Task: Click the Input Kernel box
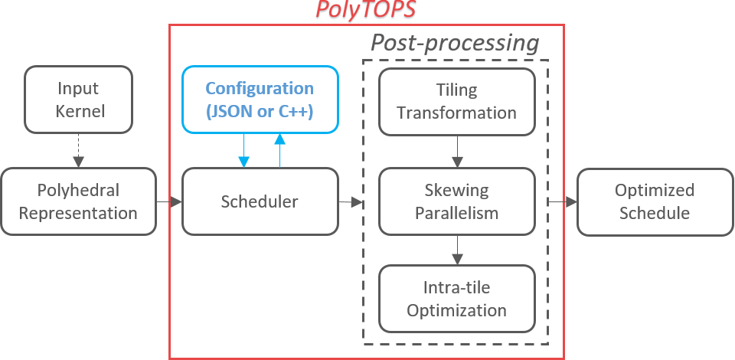pos(78,100)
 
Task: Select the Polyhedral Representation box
pos(78,201)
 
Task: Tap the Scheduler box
pos(260,201)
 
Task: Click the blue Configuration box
pos(260,100)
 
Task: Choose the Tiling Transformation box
pos(456,101)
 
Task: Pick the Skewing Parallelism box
pos(456,201)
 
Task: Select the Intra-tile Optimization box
pos(456,299)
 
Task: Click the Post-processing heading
pos(455,42)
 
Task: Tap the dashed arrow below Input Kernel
pos(78,152)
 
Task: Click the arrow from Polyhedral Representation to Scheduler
pos(169,201)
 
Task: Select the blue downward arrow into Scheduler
pos(244,151)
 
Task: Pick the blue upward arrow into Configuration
pos(280,149)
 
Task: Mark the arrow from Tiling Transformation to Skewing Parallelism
pos(456,152)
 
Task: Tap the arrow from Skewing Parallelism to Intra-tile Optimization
pos(456,249)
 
